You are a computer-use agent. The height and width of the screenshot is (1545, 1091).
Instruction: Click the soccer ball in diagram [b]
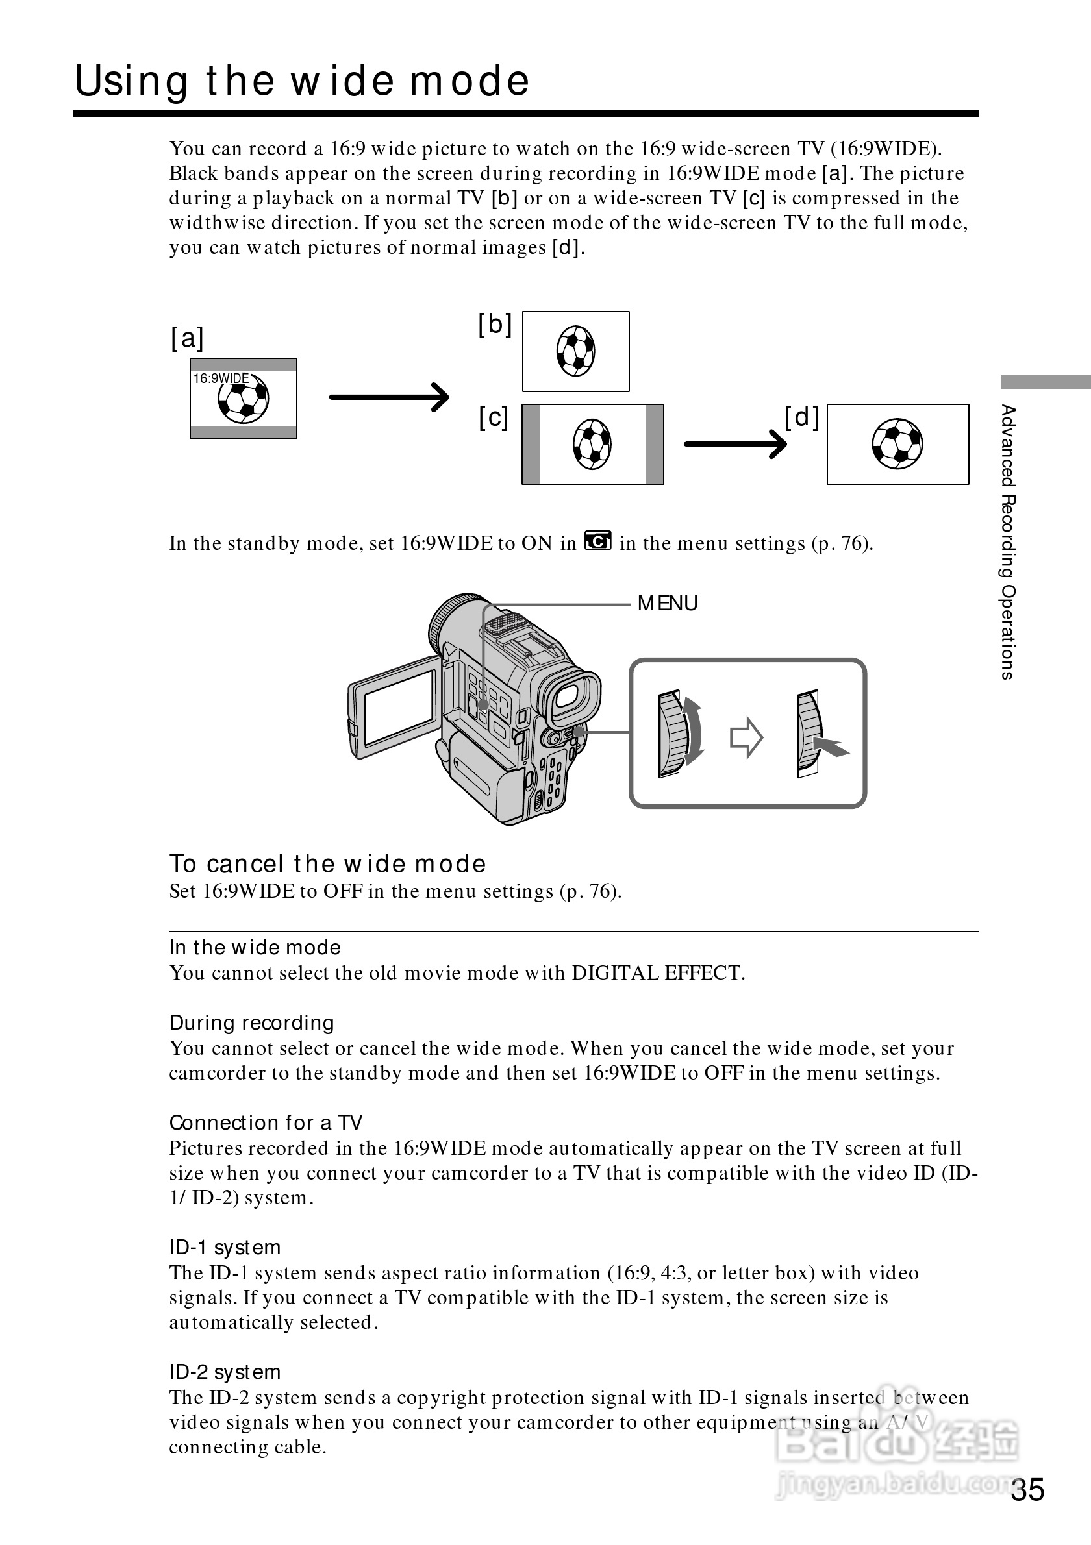pos(575,351)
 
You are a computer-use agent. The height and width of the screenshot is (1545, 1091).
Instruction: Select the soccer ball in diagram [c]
pos(592,444)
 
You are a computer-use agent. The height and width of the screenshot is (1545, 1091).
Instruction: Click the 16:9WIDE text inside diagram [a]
pos(221,379)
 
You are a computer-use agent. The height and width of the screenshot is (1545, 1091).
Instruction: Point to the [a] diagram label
pos(186,338)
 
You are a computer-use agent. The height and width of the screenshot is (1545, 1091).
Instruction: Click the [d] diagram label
pos(801,418)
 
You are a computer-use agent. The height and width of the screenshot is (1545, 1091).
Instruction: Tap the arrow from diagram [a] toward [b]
pos(388,397)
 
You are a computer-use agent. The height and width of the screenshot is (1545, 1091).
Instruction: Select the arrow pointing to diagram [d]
pos(735,444)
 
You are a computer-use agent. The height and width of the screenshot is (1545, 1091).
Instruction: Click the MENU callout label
pos(667,604)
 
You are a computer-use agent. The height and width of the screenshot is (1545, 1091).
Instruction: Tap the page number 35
pos(1027,1489)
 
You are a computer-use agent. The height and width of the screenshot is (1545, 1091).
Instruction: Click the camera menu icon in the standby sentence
pos(597,541)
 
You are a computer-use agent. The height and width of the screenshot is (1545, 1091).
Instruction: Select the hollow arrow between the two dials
pos(746,737)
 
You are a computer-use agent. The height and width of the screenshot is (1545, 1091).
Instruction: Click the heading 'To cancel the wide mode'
pos(327,864)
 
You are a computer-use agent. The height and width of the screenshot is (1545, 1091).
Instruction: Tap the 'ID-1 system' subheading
pos(225,1248)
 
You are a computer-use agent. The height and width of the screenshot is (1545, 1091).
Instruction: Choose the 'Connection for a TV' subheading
pos(266,1122)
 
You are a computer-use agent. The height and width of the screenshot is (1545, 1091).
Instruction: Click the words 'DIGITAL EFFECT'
pos(656,973)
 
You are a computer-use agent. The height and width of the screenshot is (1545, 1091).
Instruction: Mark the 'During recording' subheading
pos(252,1023)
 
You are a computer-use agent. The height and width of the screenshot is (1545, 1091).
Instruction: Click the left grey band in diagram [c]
pos(531,444)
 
